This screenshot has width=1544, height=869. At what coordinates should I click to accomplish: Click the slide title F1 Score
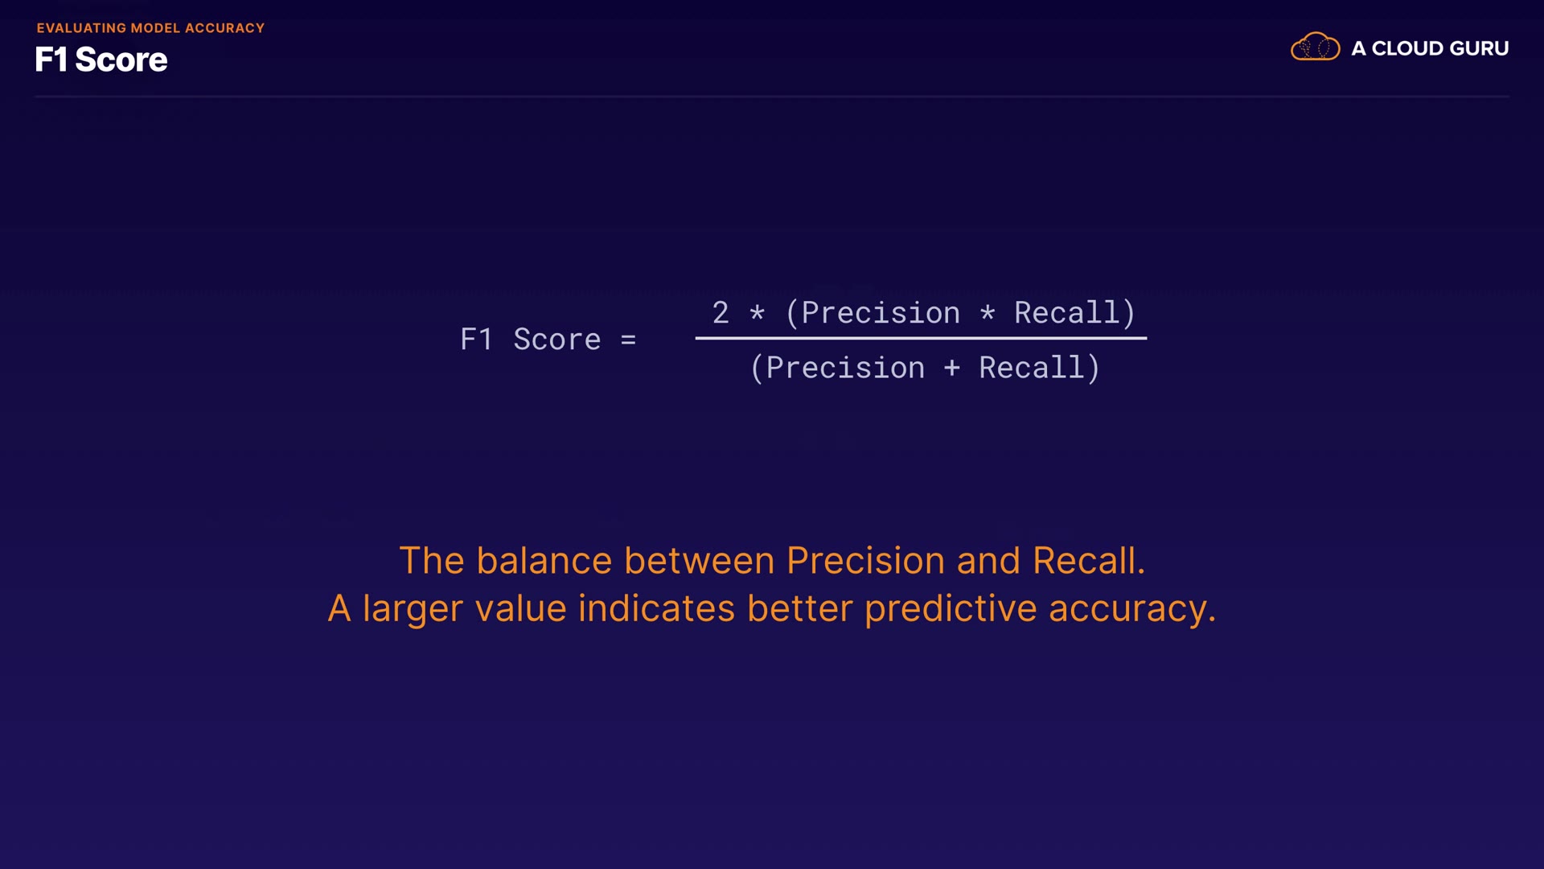[x=101, y=60]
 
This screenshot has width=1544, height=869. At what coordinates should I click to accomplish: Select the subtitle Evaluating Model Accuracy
[x=150, y=28]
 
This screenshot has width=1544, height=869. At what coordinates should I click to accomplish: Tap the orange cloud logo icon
[x=1315, y=47]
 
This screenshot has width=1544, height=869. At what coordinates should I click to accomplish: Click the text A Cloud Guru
[x=1430, y=48]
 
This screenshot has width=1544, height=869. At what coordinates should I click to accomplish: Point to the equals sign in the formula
[x=628, y=340]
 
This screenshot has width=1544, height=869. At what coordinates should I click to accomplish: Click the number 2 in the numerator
[x=721, y=312]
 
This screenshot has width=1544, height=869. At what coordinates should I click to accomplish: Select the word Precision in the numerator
[x=881, y=312]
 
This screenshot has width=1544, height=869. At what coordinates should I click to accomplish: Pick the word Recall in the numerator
[x=1066, y=312]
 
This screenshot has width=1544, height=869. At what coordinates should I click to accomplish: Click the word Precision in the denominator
[x=845, y=368]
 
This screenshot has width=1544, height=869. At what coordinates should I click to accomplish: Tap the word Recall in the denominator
[x=1031, y=368]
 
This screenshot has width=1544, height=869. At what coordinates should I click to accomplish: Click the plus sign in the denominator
[x=952, y=369]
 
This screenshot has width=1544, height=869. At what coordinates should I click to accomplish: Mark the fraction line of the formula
[x=921, y=338]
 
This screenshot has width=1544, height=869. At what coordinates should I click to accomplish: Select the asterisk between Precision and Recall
[x=988, y=312]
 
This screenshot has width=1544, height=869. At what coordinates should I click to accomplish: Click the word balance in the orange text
[x=544, y=560]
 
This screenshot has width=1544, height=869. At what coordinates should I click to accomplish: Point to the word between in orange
[x=700, y=560]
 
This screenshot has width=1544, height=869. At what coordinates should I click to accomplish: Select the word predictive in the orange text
[x=951, y=609]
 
